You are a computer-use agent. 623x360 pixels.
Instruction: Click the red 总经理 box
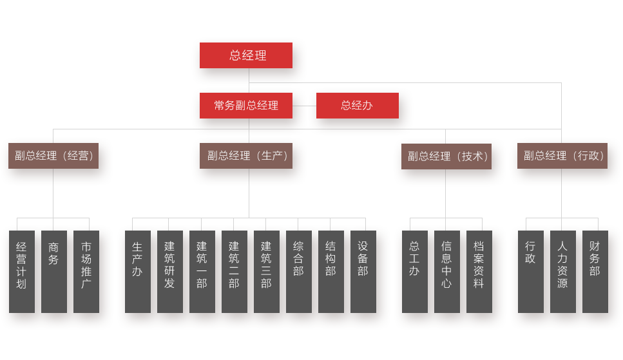(x=246, y=55)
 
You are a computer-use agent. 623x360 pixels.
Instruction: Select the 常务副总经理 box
(x=246, y=106)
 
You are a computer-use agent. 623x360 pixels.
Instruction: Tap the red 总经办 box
(x=357, y=106)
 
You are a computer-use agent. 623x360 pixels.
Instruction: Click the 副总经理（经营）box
(x=53, y=156)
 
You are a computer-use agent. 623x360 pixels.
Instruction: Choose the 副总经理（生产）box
(x=246, y=156)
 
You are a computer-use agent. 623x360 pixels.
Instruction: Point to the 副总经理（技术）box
(x=446, y=156)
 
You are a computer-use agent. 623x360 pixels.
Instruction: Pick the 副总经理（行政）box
(x=562, y=156)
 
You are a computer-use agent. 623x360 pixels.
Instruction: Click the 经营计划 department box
(x=22, y=271)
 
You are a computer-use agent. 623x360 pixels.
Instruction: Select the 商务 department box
(x=54, y=271)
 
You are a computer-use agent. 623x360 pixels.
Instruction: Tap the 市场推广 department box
(x=86, y=271)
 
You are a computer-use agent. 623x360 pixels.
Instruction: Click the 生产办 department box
(x=138, y=271)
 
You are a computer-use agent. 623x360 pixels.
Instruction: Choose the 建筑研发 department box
(x=170, y=271)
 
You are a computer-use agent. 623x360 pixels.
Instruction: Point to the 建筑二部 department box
(x=235, y=271)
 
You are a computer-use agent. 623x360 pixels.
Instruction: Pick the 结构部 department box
(x=331, y=271)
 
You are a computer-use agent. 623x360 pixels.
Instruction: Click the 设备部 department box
(x=363, y=271)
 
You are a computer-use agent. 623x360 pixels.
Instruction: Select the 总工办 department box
(x=415, y=271)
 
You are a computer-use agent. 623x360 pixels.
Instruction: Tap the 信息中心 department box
(x=447, y=271)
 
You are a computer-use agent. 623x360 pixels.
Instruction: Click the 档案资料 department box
(x=479, y=271)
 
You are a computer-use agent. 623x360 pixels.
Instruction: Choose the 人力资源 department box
(x=563, y=271)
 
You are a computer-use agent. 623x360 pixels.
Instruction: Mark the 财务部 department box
(x=595, y=271)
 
